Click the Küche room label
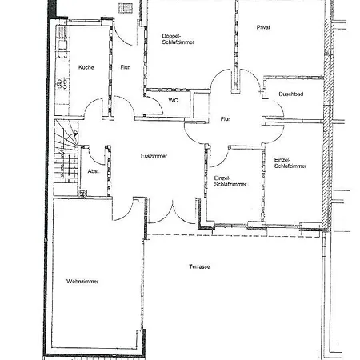click(x=86, y=67)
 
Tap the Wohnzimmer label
click(x=82, y=281)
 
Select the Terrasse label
click(x=199, y=266)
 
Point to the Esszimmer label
click(x=154, y=156)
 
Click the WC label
click(x=173, y=101)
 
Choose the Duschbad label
click(x=291, y=94)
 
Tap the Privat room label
click(x=263, y=27)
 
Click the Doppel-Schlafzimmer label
click(x=178, y=39)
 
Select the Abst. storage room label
click(x=94, y=171)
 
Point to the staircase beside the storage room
click(x=66, y=158)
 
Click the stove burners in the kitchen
click(x=62, y=83)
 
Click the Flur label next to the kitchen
click(x=125, y=67)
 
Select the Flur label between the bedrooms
click(x=225, y=119)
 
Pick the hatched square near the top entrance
click(x=126, y=7)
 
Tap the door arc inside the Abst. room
click(x=94, y=158)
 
